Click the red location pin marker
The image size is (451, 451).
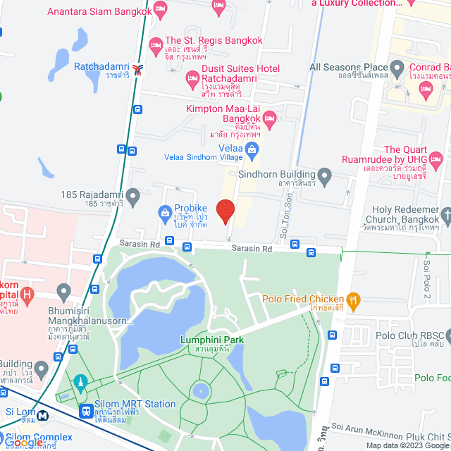coord(225,211)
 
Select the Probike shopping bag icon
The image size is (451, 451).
coord(164,211)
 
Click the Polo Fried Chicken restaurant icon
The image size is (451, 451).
coord(354,299)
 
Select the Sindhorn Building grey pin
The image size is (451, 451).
coord(325,175)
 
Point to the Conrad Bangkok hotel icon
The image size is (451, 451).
coord(425,87)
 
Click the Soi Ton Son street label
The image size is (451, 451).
coord(286,221)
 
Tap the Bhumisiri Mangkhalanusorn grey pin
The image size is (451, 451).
coord(63,290)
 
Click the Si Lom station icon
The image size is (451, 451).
coord(42,416)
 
